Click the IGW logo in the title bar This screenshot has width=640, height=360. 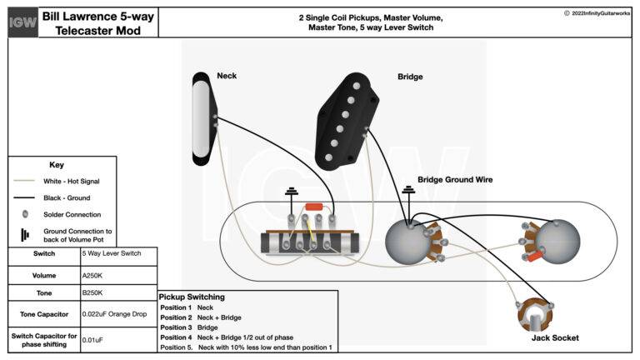pos(22,22)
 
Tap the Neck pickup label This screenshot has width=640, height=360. pos(227,76)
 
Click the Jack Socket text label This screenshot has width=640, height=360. pos(554,337)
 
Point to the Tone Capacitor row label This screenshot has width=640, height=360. pos(44,314)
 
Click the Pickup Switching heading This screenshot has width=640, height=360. pos(191,297)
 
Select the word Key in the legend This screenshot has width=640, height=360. pos(57,165)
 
